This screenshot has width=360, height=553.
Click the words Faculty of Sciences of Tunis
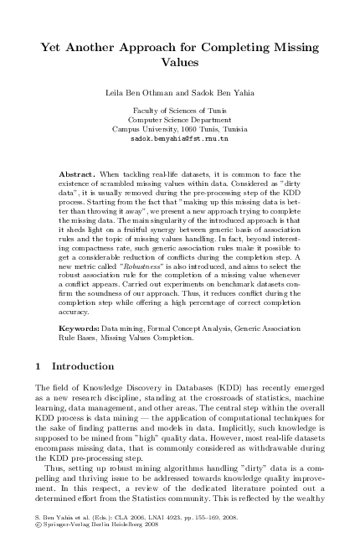click(x=179, y=111)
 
